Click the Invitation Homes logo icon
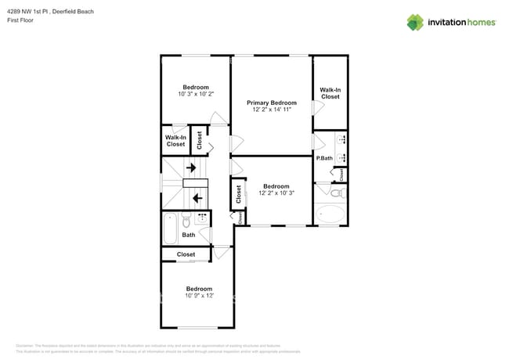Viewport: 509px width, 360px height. coord(414,22)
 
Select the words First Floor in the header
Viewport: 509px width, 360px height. coord(20,21)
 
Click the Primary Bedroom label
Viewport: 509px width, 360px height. coord(272,103)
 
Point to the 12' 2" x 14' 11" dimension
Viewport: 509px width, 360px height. coord(272,110)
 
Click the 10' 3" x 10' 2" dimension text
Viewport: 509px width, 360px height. coord(196,94)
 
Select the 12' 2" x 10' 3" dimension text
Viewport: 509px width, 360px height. coord(276,193)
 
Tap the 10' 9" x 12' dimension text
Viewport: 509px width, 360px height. coord(200,296)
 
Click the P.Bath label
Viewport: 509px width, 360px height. coord(324,158)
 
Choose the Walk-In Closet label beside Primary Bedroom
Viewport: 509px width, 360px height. coord(330,93)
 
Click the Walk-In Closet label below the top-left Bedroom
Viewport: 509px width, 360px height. coord(175,141)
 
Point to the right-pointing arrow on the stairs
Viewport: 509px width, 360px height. coord(191,167)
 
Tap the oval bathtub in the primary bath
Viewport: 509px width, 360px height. coord(330,214)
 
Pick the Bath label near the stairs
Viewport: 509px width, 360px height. coord(188,235)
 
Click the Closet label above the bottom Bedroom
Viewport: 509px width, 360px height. coord(186,254)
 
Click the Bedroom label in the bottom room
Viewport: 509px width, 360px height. coord(199,288)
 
